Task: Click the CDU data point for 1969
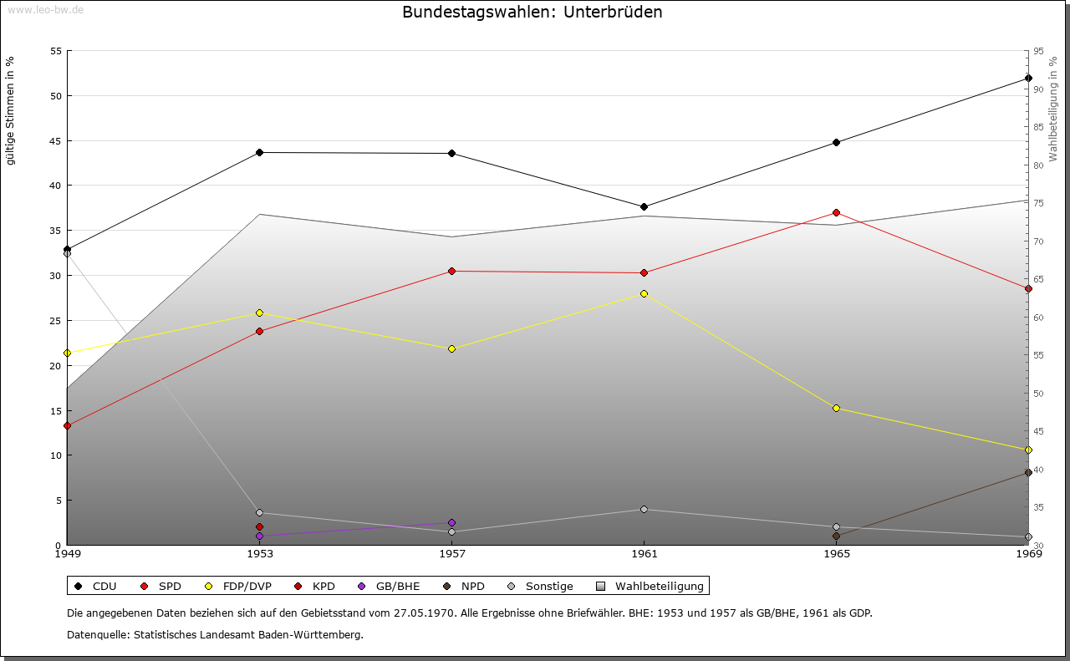tap(1028, 79)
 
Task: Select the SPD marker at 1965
tap(836, 212)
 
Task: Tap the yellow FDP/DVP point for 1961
tap(644, 293)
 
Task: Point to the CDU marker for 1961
tap(644, 206)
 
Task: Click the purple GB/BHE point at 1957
tap(452, 523)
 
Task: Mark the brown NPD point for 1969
tap(1028, 473)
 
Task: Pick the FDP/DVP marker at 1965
tap(836, 408)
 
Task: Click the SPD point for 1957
tap(452, 271)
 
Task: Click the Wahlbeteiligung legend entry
tap(652, 587)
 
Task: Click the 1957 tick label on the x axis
tap(452, 553)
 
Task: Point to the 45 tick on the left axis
tap(56, 140)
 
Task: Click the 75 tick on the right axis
tap(1038, 203)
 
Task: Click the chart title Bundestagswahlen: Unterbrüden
tap(532, 13)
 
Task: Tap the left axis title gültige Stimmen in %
tap(10, 111)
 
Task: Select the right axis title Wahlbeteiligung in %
tap(1053, 109)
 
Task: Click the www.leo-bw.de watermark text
tap(43, 10)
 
